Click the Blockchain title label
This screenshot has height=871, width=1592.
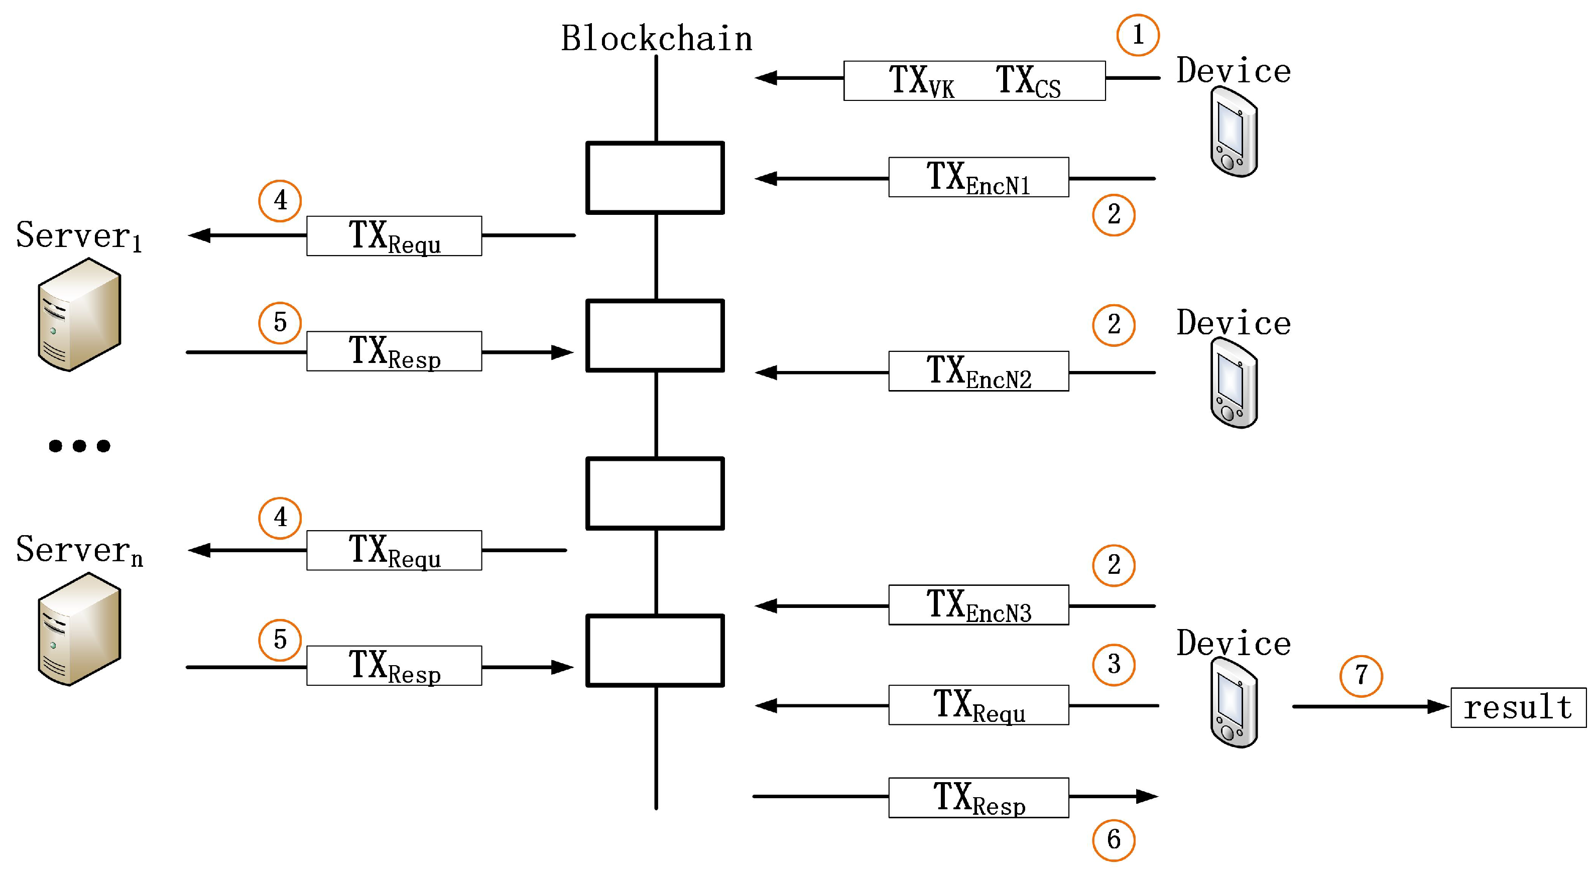click(656, 38)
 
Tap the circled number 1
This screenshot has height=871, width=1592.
click(1138, 35)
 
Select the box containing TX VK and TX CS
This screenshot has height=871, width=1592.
click(974, 80)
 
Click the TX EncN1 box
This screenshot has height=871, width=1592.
click(979, 177)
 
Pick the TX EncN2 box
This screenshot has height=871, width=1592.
click(979, 371)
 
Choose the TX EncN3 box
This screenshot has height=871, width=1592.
click(979, 604)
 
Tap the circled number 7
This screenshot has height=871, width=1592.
click(1361, 676)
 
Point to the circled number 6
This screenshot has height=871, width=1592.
click(1114, 839)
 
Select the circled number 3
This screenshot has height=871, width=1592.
click(1114, 665)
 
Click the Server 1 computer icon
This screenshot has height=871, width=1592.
click(79, 315)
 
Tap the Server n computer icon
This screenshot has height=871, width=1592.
click(79, 630)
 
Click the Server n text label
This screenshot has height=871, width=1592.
click(79, 550)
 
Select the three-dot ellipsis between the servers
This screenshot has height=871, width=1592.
click(80, 446)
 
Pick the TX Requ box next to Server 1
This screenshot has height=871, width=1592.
click(394, 235)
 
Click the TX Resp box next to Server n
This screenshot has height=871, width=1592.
click(394, 666)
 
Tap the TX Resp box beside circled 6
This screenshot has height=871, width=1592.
click(979, 797)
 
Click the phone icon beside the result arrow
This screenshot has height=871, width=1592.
click(1234, 702)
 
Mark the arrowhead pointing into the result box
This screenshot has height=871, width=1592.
click(1439, 706)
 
